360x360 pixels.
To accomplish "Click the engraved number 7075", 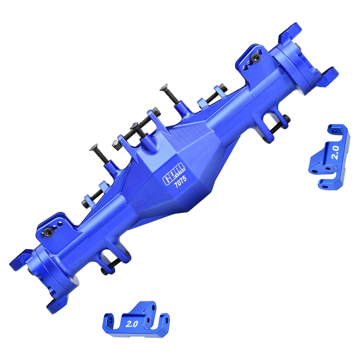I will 180,184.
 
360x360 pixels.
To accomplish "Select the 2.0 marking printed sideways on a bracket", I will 335,152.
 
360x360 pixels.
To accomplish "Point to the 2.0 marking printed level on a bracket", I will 132,324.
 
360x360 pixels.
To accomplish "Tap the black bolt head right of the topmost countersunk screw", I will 224,86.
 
